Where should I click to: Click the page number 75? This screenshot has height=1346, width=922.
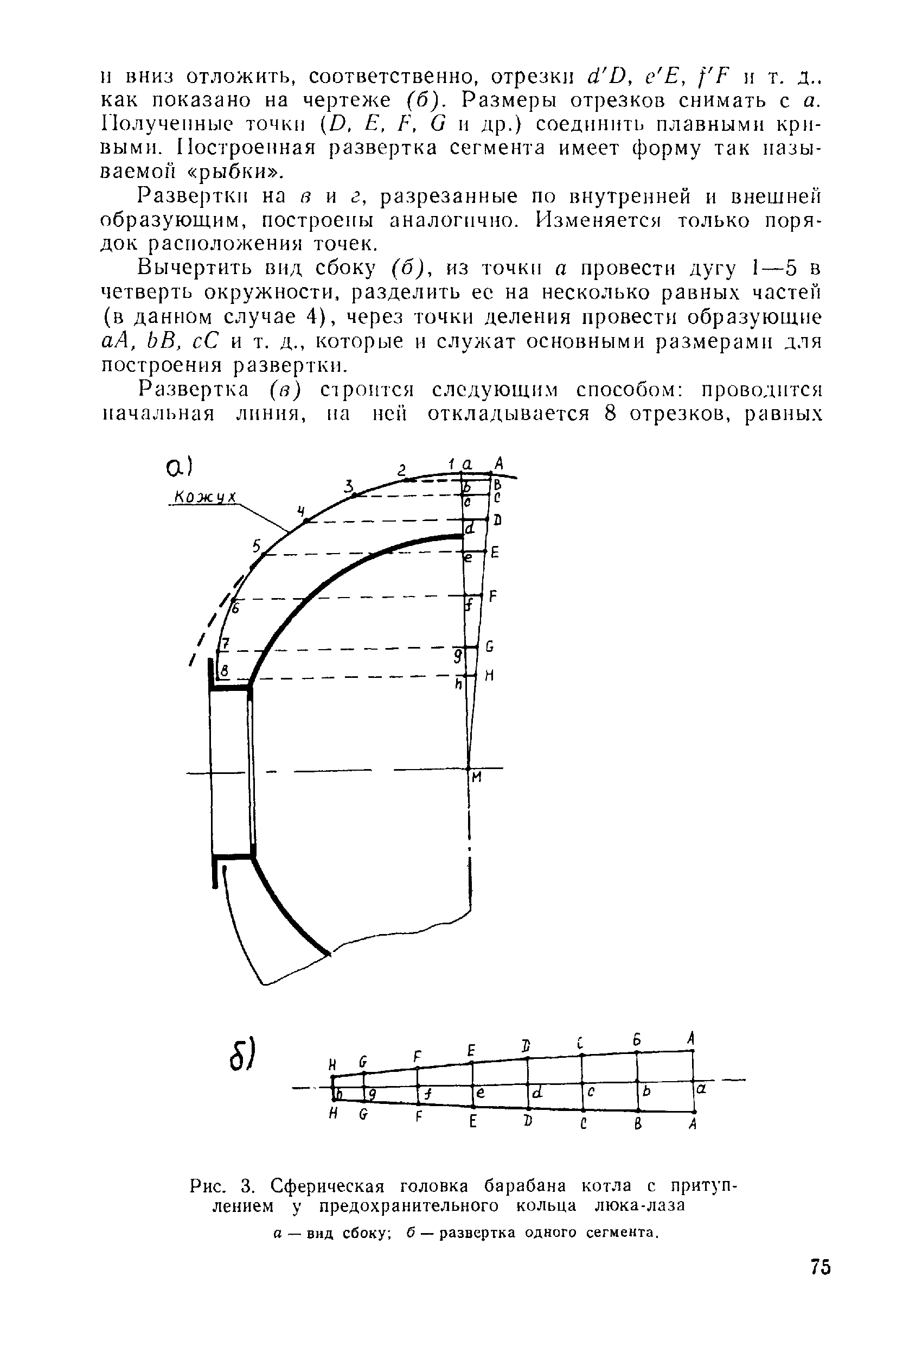coord(821,1267)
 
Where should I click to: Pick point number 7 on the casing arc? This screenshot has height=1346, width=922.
coord(226,644)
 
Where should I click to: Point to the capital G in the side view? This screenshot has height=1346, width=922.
coord(490,646)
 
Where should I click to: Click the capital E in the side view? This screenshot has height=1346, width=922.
coord(494,553)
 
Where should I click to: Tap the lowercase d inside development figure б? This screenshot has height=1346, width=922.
coord(537,1093)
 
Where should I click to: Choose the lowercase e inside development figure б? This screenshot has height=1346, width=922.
coord(481,1093)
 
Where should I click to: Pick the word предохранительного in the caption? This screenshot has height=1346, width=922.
coord(408,1205)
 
